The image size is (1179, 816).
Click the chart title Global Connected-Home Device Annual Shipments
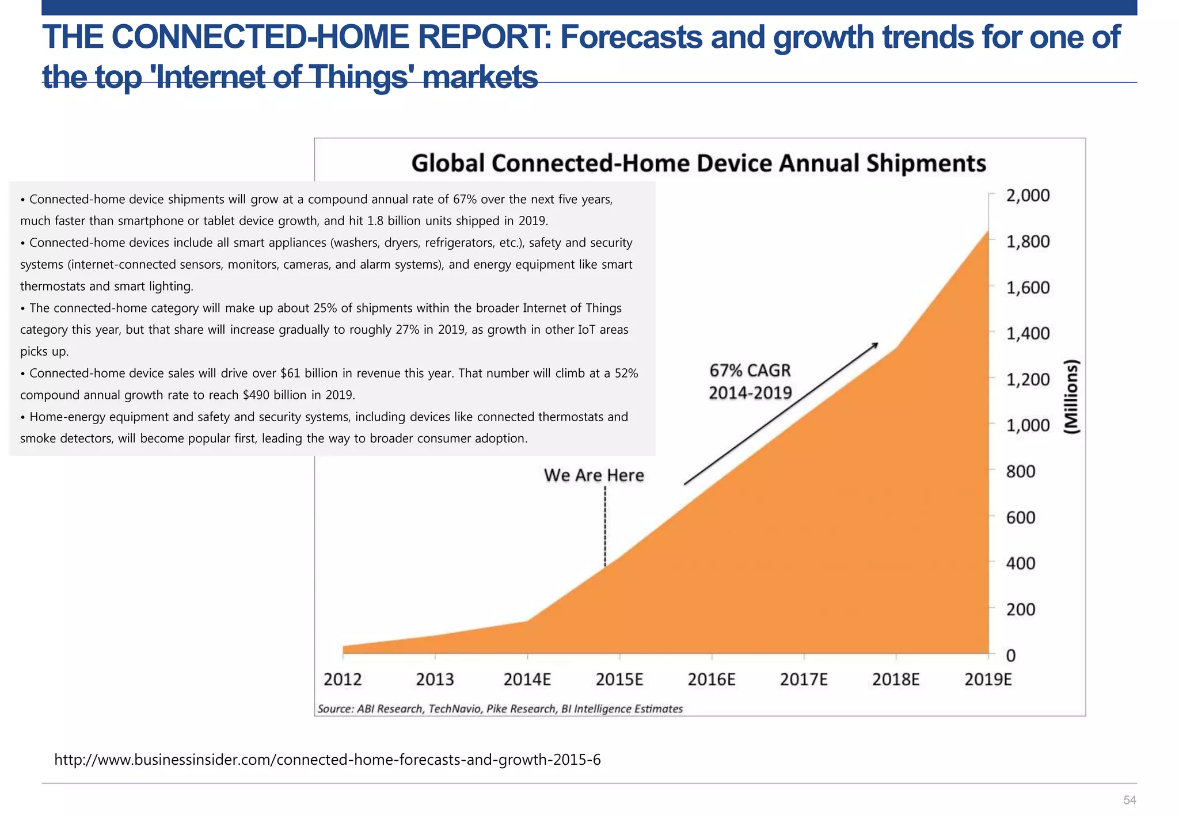(698, 163)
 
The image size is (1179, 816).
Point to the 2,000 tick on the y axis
(1028, 196)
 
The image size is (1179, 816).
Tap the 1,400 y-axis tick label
(1028, 334)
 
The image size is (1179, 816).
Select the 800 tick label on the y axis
(1021, 472)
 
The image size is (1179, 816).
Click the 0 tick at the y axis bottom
(1011, 655)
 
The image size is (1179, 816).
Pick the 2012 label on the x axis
(343, 680)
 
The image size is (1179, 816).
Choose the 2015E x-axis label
(619, 680)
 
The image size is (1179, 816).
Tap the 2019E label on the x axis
(988, 680)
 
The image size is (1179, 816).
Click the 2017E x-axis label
(804, 680)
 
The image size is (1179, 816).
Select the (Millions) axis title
(1071, 397)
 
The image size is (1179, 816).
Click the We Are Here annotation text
(594, 475)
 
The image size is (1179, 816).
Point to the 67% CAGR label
(750, 371)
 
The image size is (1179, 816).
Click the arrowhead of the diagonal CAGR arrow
(876, 345)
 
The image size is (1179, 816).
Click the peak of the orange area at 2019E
(988, 231)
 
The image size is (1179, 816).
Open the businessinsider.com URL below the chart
(327, 760)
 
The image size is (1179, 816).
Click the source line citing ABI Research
(500, 709)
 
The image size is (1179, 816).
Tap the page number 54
(1129, 800)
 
